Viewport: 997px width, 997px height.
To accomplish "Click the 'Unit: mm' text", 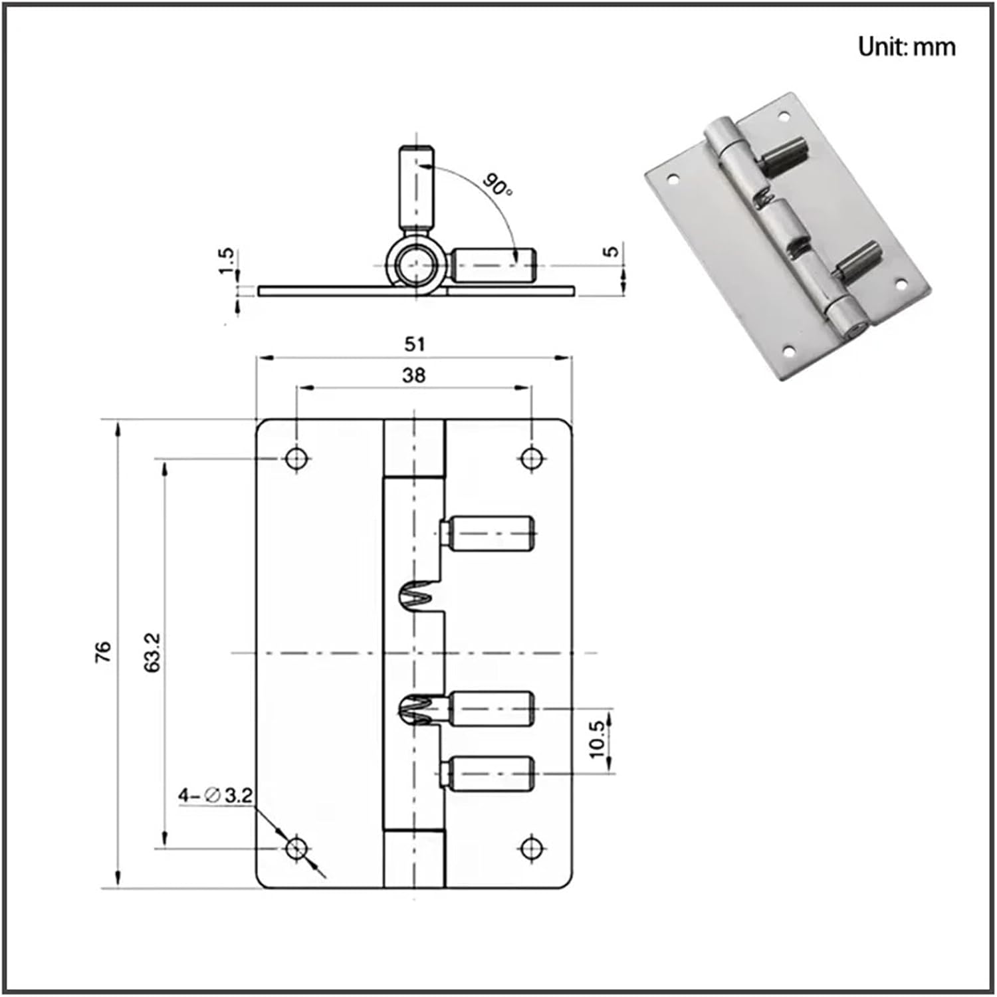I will (906, 47).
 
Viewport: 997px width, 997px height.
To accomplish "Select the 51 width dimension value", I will (414, 344).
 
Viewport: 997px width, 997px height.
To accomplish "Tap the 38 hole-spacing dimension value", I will (413, 376).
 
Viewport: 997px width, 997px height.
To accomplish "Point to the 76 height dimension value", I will (104, 653).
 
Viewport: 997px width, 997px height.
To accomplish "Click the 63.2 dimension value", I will (153, 653).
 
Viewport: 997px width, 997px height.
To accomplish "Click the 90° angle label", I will (497, 184).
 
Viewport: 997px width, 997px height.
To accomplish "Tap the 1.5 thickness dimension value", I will (227, 261).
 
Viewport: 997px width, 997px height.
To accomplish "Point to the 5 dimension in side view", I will (612, 251).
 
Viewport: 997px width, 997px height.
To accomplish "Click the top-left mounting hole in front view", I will (296, 458).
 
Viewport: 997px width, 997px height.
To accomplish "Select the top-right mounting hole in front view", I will (530, 458).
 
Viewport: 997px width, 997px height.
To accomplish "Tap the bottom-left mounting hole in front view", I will (296, 848).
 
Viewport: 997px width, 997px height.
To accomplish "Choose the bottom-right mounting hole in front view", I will (530, 848).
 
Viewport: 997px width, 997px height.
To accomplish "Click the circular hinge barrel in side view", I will (415, 265).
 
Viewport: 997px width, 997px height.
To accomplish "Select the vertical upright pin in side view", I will (416, 187).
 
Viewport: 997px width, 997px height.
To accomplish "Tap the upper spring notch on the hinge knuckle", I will (416, 594).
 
